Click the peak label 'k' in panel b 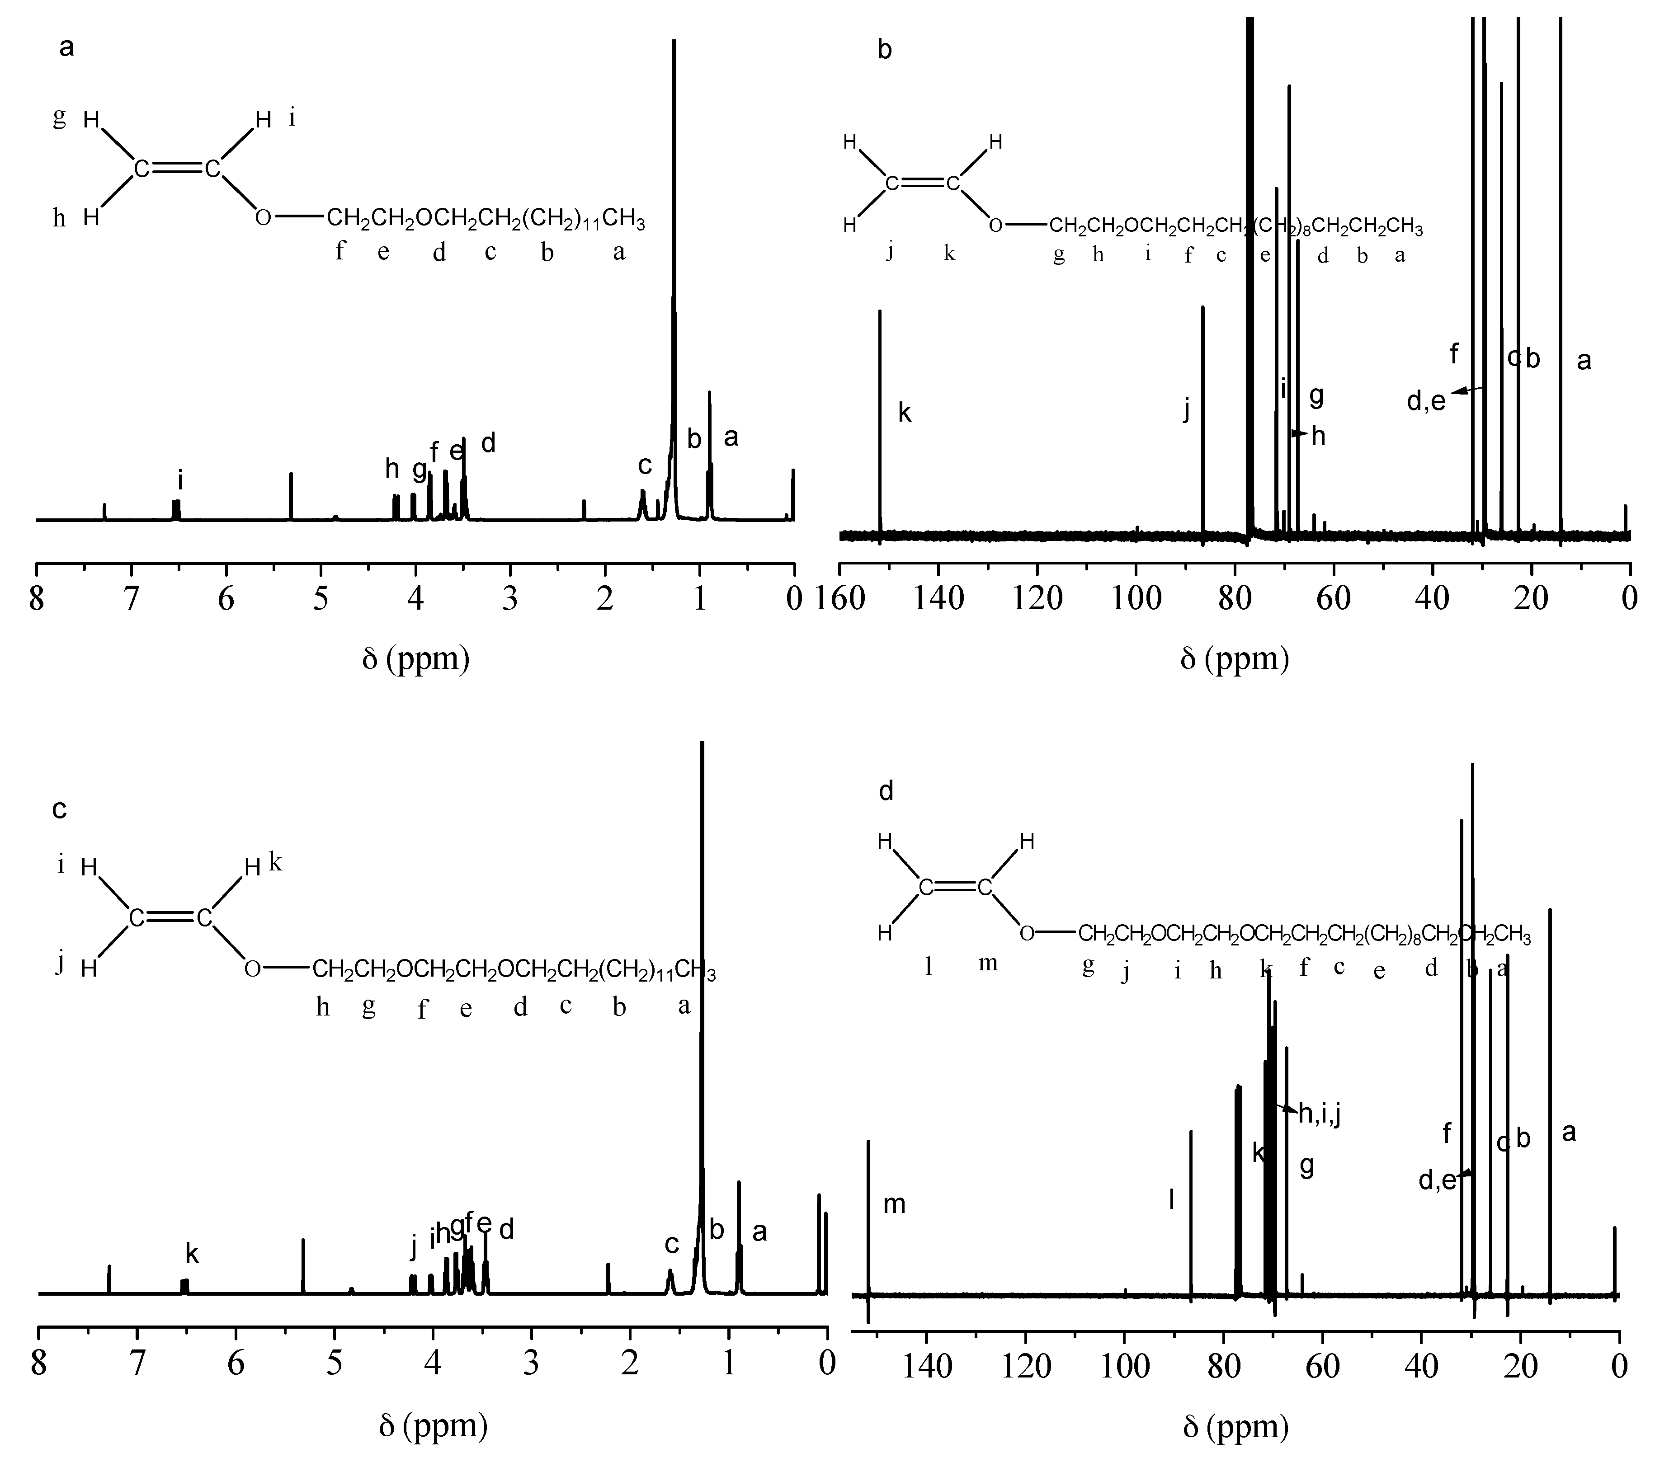905,414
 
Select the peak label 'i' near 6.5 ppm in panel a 180,481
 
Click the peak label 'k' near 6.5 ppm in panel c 192,1254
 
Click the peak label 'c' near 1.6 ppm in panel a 645,465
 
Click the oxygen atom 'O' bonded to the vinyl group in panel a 263,218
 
